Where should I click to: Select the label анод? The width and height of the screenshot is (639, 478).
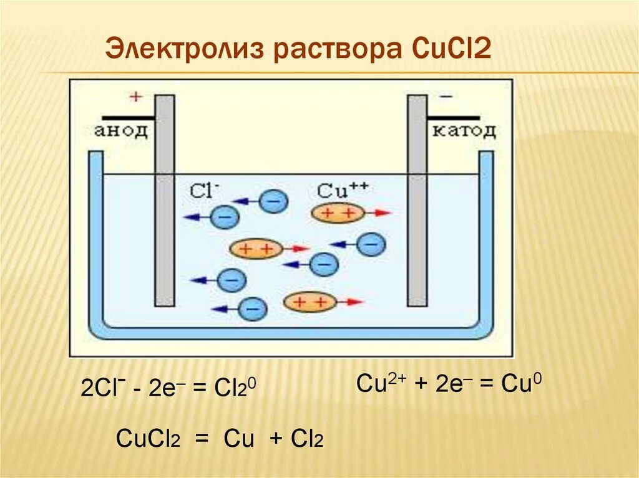click(122, 131)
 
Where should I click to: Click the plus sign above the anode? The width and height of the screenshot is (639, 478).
click(135, 97)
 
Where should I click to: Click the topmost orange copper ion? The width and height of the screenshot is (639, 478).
click(337, 213)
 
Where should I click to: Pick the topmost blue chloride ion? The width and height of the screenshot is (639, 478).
click(273, 201)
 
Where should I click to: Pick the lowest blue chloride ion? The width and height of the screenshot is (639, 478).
click(253, 308)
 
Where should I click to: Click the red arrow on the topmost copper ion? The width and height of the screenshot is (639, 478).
click(378, 213)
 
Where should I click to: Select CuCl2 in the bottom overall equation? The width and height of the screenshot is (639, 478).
click(148, 439)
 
